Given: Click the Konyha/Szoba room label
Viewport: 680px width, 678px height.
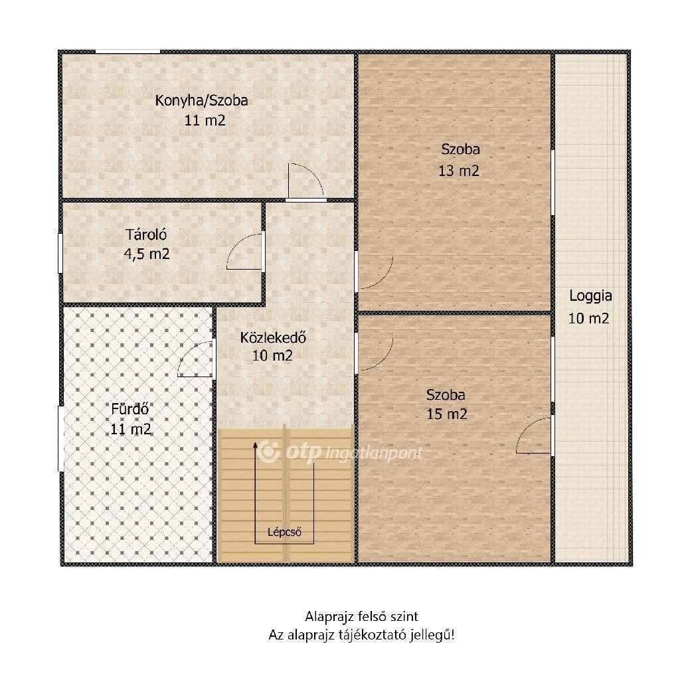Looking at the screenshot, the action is point(202,101).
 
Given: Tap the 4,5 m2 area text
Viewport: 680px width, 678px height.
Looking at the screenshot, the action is point(147,254).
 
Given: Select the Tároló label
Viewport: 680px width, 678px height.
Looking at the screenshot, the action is point(147,234).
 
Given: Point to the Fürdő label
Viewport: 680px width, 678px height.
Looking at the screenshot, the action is point(130,409).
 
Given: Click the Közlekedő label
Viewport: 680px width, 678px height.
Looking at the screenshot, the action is point(273,337).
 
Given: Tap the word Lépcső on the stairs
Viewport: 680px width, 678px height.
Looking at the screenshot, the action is point(284,532).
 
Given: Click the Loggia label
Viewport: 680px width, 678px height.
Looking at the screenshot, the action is point(590,296).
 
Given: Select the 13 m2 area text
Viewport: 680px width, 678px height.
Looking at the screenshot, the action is point(459,171).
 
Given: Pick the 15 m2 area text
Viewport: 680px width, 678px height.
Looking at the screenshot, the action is point(447,414).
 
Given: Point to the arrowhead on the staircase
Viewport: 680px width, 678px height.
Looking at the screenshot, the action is point(255,444).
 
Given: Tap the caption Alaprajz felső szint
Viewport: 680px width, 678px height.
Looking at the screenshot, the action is point(362,616).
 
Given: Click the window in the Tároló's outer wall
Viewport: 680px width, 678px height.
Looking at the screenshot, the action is point(60,254).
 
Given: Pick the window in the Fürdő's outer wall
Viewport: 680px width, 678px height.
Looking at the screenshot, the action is point(60,438).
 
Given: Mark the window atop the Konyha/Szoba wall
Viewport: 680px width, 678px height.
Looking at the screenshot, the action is point(127,52).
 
